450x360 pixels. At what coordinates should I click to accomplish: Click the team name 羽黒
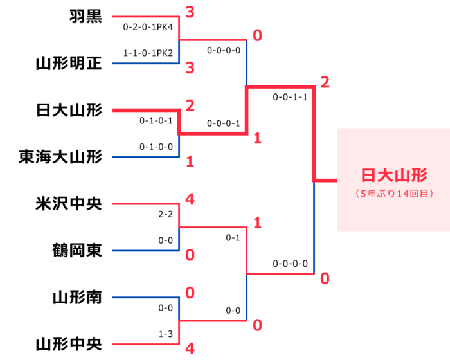(x=85, y=17)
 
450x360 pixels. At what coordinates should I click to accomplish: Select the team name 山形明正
(x=69, y=64)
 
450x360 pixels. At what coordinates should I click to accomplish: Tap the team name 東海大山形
(x=60, y=157)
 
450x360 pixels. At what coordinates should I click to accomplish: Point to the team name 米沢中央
(x=69, y=204)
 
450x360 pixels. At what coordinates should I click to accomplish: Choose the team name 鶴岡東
(x=77, y=251)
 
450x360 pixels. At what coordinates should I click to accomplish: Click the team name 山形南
(x=77, y=298)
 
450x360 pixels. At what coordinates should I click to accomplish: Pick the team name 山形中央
(x=69, y=345)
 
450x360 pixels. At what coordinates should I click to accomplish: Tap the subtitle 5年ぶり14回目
(x=393, y=193)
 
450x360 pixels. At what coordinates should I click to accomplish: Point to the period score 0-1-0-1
(x=156, y=120)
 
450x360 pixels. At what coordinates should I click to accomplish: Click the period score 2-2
(x=165, y=215)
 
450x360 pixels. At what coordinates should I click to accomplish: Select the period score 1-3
(x=165, y=334)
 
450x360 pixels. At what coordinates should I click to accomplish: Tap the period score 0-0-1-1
(x=290, y=98)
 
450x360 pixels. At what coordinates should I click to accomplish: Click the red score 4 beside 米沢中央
(x=190, y=199)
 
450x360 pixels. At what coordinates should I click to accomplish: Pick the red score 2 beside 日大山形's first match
(x=190, y=105)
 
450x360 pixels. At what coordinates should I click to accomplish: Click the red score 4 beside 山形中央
(x=190, y=349)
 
